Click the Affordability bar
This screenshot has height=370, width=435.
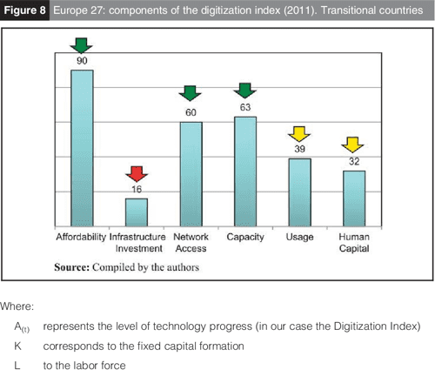coord(82,148)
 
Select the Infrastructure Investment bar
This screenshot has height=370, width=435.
coord(137,212)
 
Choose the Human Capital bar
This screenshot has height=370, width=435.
coord(354,198)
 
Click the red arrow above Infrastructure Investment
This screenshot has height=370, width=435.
coord(135,173)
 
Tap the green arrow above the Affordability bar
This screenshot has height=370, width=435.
coord(83,45)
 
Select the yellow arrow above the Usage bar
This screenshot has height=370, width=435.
coord(299,134)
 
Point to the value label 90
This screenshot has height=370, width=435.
coord(83,62)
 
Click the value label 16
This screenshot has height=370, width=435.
coord(136,189)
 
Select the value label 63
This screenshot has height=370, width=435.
coord(245,108)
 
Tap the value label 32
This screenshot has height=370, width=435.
coord(354,161)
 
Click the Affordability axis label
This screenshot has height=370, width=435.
coord(81,237)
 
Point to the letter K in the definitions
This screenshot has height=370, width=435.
coord(18,345)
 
